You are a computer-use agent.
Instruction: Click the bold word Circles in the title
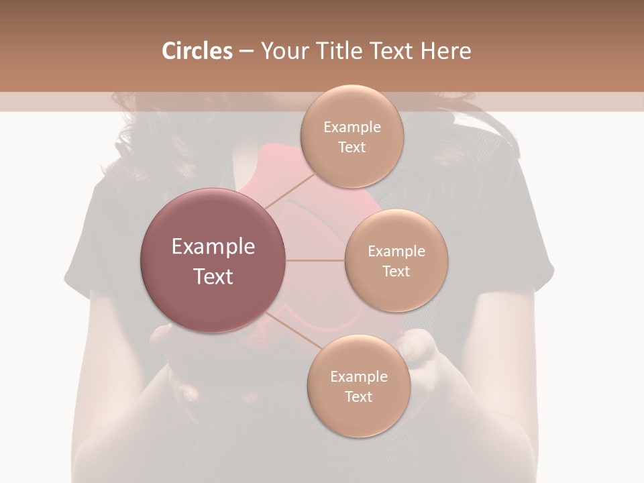coord(197,51)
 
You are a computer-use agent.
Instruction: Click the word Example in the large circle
coord(213,247)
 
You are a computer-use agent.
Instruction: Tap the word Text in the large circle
coord(213,276)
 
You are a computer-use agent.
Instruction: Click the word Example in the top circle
coord(352,127)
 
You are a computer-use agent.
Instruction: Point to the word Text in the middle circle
coord(396,271)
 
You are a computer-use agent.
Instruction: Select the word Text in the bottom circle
coord(358,396)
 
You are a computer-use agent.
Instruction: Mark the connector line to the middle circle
coord(315,260)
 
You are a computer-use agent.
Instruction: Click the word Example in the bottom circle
coord(358,377)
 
